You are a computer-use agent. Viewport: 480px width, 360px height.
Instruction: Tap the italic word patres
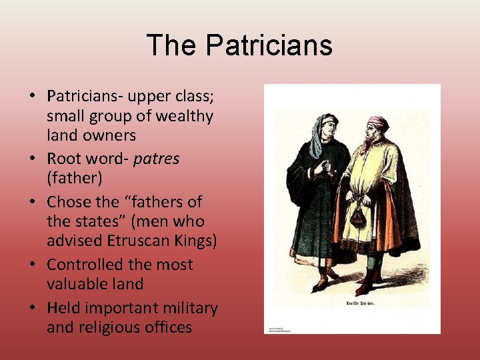pos(156,159)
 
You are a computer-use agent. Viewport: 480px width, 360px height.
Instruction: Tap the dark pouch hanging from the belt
pos(359,217)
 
